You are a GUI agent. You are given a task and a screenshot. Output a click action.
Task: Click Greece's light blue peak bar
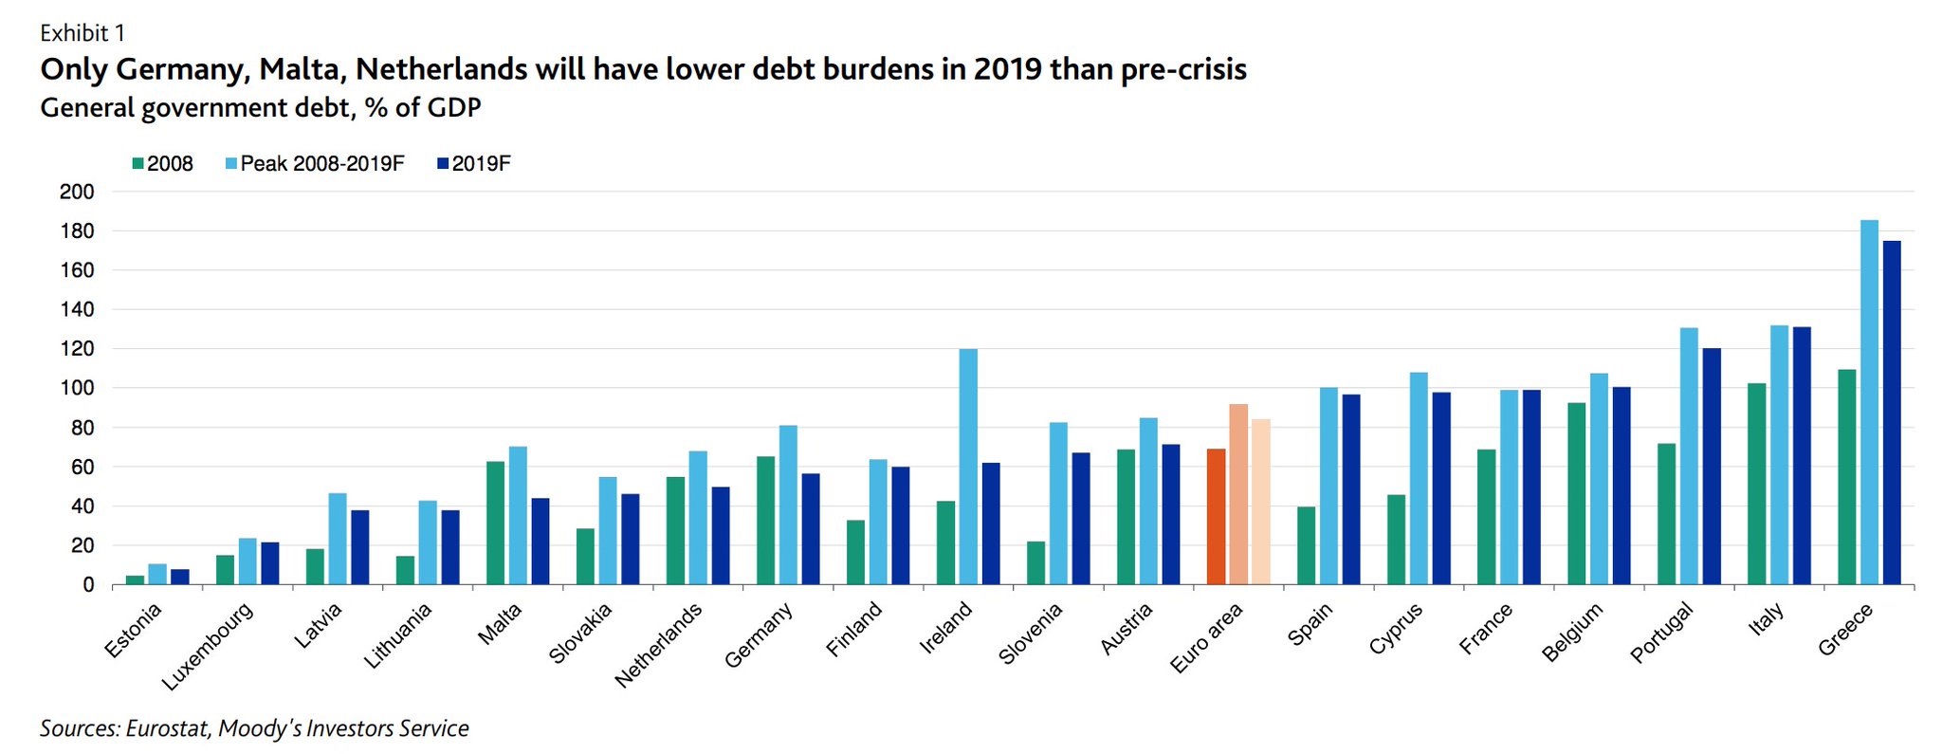(1869, 402)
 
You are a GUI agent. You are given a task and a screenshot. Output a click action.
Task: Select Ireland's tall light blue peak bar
(968, 467)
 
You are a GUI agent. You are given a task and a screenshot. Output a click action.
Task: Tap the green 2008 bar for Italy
(1756, 484)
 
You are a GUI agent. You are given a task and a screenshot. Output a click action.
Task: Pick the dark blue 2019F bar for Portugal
(1712, 467)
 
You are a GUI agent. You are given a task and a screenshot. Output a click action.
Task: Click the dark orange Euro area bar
(1216, 517)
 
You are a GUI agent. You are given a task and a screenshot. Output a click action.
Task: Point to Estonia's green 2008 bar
(135, 579)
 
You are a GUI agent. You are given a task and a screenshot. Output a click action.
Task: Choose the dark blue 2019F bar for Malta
(540, 541)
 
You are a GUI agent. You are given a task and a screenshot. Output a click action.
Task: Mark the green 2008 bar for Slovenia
(1035, 562)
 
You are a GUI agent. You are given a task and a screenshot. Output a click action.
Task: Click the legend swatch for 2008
(138, 164)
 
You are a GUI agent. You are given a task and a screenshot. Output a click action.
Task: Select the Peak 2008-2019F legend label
(322, 164)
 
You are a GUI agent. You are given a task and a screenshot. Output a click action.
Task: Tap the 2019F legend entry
(481, 164)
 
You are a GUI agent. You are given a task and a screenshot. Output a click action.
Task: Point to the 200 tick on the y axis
(77, 192)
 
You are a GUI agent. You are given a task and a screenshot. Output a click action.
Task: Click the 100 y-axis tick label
(77, 388)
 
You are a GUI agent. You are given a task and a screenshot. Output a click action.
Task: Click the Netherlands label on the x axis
(659, 644)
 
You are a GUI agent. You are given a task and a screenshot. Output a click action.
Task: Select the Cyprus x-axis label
(1396, 628)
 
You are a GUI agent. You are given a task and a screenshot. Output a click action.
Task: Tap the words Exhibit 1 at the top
(82, 33)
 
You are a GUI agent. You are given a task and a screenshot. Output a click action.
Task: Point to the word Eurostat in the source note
(165, 728)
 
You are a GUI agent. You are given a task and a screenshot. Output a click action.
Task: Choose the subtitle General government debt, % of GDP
(261, 108)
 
